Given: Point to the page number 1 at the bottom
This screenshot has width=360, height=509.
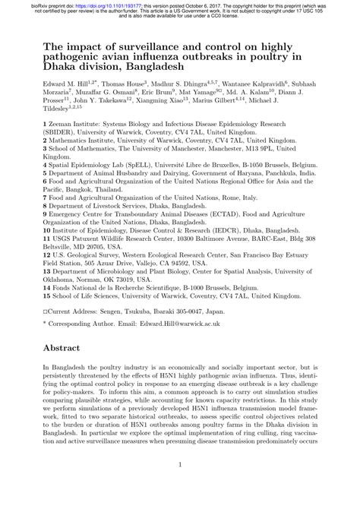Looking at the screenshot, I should [179, 486].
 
